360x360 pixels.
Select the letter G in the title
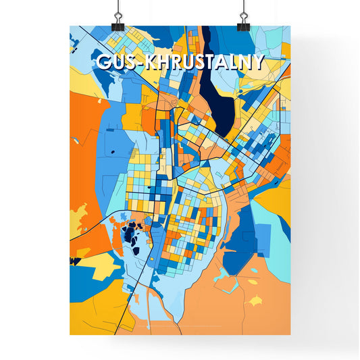[x=104, y=62]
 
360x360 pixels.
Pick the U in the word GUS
[x=118, y=62]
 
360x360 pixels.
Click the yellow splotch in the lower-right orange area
[x=256, y=299]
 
